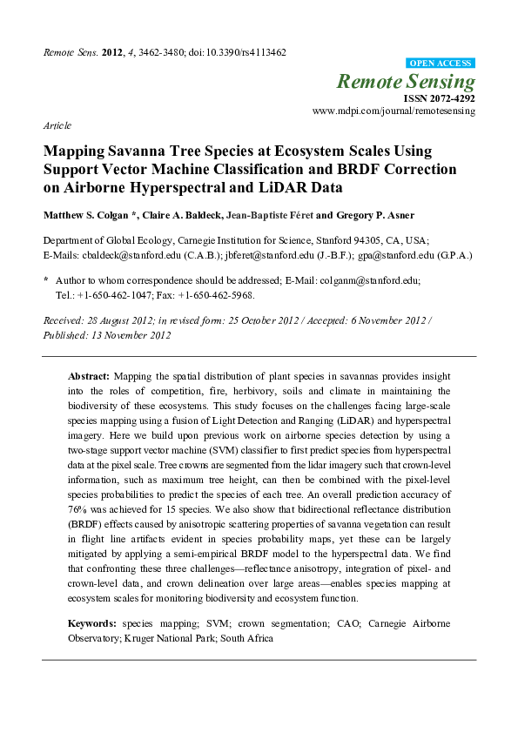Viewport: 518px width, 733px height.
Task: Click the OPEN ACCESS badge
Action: [x=441, y=64]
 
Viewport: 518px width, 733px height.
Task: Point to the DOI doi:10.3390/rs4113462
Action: [x=236, y=52]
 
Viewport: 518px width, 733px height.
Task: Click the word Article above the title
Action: [x=57, y=125]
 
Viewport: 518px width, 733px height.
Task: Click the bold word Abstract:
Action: [x=89, y=375]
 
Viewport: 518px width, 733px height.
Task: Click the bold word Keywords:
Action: [x=92, y=623]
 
